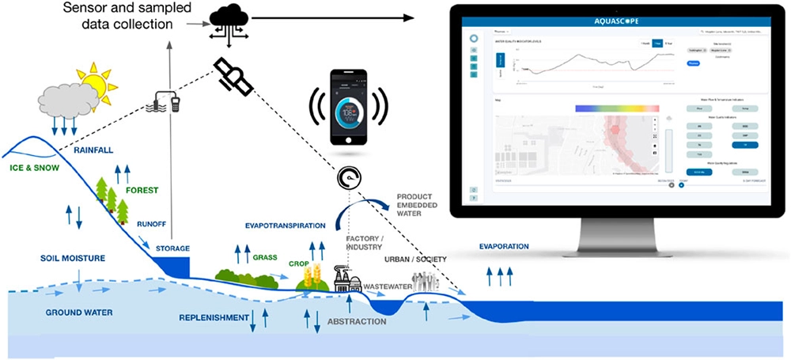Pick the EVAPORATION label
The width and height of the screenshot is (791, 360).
pyautogui.click(x=504, y=247)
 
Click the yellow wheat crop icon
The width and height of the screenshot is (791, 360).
pyautogui.click(x=311, y=276)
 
